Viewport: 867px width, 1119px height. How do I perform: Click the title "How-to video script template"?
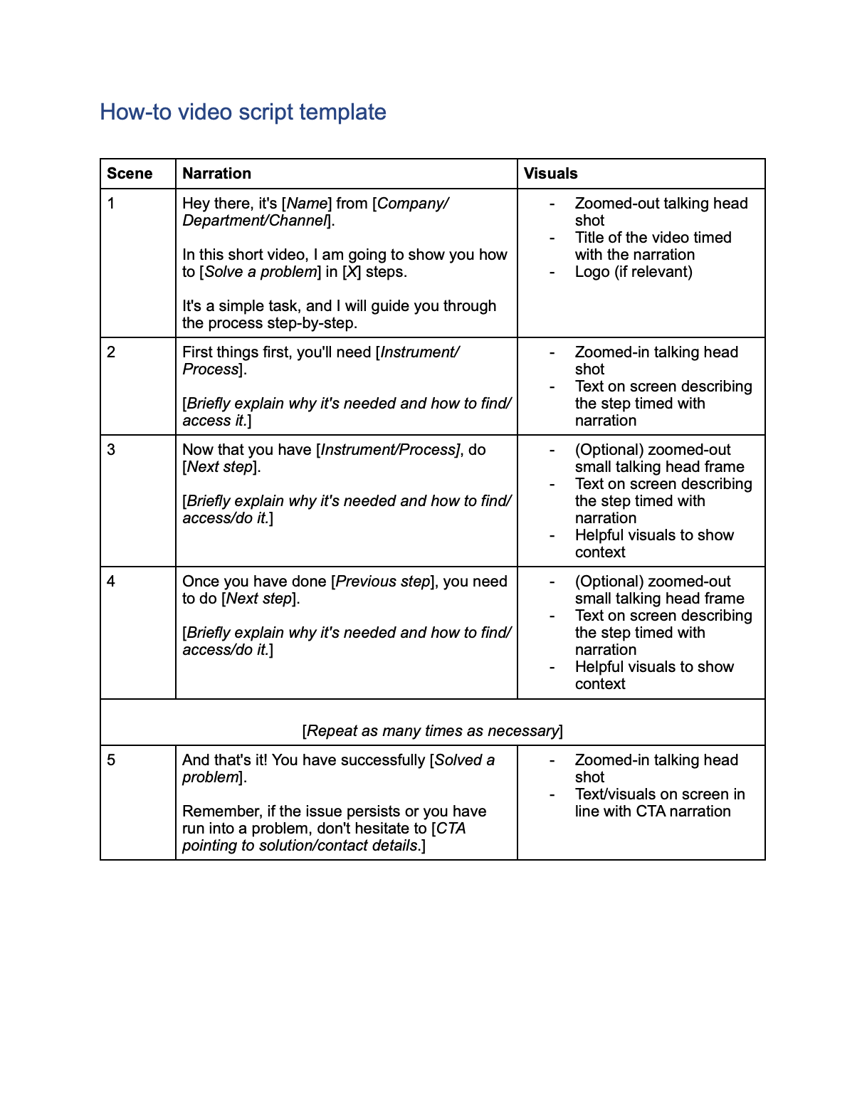click(243, 112)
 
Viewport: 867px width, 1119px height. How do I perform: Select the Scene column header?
click(130, 174)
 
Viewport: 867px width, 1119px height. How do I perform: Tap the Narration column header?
click(216, 174)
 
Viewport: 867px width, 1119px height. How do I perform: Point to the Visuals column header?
click(550, 174)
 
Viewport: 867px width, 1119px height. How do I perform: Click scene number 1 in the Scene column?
click(111, 204)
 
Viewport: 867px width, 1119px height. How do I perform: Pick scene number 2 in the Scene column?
click(111, 352)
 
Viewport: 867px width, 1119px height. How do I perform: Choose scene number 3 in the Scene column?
click(111, 450)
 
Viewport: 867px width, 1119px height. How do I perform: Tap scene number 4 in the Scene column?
click(111, 582)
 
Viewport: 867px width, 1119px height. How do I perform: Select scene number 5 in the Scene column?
click(111, 760)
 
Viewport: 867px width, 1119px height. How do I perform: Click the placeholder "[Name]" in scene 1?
click(307, 204)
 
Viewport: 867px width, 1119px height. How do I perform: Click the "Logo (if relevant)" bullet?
click(633, 272)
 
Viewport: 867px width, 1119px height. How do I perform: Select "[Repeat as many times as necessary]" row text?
click(432, 731)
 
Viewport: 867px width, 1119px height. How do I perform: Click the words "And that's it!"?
click(224, 760)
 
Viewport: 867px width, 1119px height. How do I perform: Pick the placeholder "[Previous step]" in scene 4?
click(383, 582)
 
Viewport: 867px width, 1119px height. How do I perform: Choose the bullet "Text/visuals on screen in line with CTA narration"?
click(659, 803)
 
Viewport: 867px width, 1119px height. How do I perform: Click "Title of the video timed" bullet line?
click(653, 238)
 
